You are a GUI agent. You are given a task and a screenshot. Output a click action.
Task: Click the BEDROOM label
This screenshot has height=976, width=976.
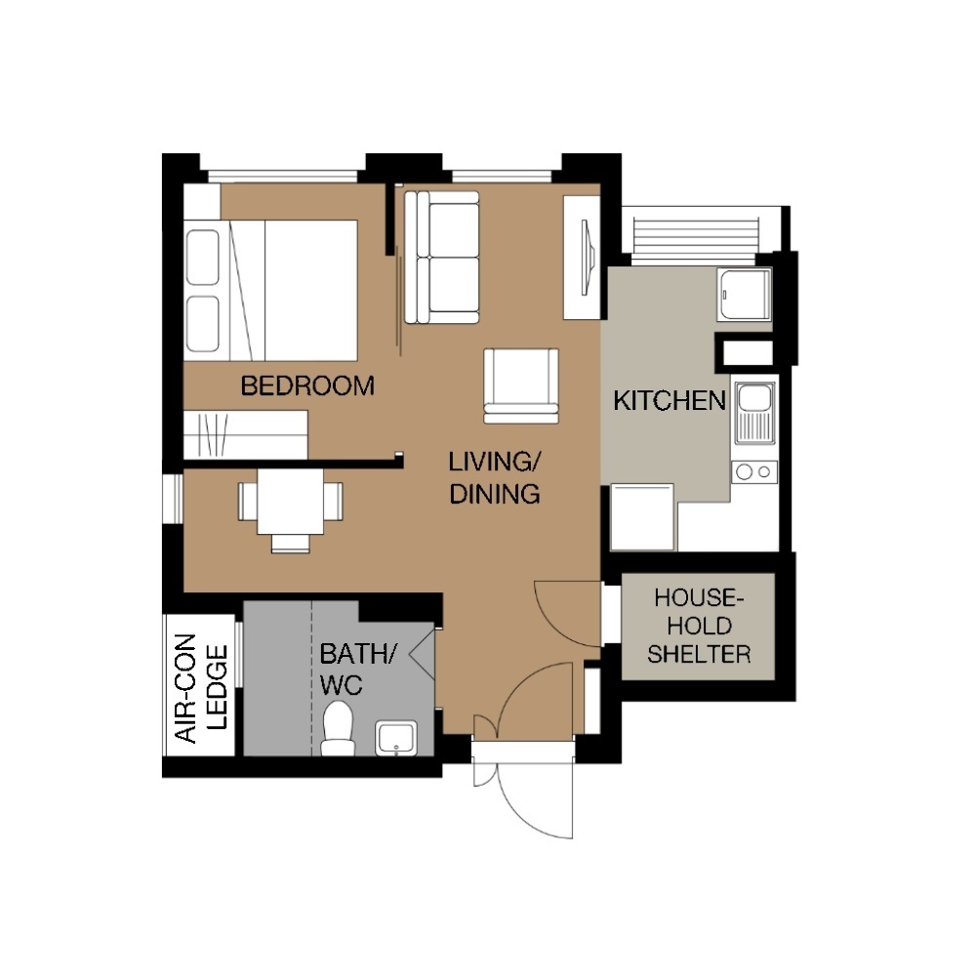tap(307, 386)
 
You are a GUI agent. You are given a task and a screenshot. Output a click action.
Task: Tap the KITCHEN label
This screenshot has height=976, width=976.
tap(670, 401)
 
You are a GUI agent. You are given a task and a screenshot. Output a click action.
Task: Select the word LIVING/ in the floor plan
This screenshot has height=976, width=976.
tap(495, 462)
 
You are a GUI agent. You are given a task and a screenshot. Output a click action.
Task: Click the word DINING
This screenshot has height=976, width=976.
tap(495, 494)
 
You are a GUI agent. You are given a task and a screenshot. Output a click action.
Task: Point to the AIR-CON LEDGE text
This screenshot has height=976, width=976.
tap(200, 688)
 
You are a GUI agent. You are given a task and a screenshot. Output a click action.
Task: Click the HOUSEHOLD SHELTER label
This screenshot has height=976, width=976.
tap(699, 626)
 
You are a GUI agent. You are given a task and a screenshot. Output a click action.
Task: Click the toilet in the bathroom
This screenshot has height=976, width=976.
tap(338, 728)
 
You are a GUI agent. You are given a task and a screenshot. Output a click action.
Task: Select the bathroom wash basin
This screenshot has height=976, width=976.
tap(396, 738)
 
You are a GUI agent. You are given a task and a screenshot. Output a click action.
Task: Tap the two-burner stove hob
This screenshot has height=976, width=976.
tap(754, 471)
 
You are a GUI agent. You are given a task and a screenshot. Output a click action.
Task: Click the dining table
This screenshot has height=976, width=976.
tap(291, 501)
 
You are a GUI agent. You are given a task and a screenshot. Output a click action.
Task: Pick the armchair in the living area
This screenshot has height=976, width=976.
tap(521, 386)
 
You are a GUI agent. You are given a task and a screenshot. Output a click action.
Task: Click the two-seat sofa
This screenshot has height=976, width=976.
tap(442, 257)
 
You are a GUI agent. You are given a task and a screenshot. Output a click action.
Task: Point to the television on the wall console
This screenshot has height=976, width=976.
tap(587, 257)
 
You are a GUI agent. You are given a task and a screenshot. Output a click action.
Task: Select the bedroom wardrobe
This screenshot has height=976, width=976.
tap(246, 434)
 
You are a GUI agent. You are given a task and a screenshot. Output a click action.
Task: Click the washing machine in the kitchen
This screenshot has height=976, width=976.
tap(642, 517)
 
